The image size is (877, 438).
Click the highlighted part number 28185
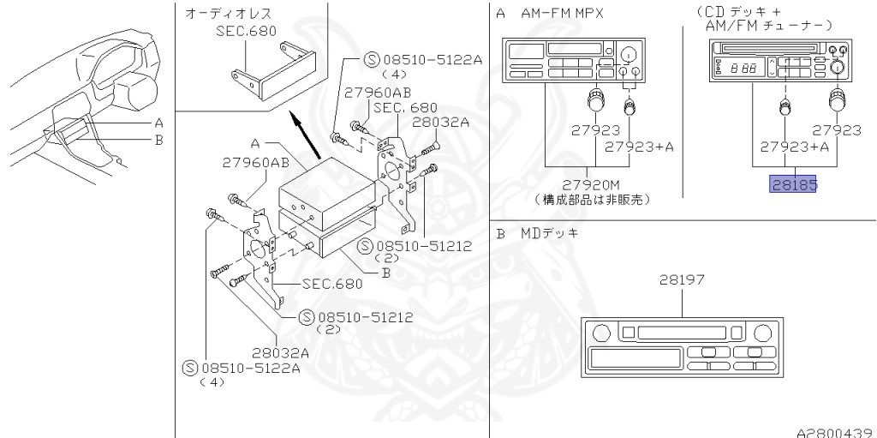click(793, 184)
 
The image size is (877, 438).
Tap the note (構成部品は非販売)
click(591, 200)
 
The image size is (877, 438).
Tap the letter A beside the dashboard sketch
click(158, 123)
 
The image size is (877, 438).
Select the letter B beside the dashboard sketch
click(158, 140)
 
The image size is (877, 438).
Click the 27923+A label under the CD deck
click(781, 147)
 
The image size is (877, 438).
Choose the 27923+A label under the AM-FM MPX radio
click(639, 147)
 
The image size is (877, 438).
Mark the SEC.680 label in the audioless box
click(242, 29)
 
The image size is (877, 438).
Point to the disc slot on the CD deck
click(767, 47)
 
